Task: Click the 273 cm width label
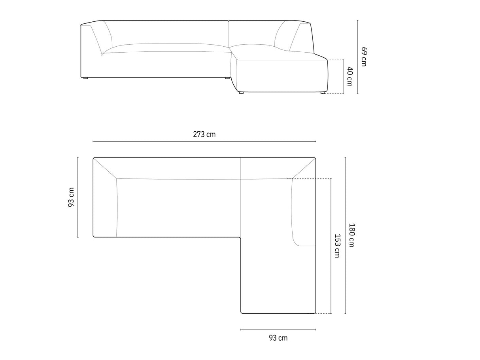pos(204,134)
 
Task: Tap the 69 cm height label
pos(364,57)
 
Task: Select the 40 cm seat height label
pos(350,76)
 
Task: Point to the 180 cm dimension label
pos(351,235)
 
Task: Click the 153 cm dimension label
pos(337,246)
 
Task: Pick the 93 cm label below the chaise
pos(278,338)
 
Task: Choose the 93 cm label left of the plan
pos(71,197)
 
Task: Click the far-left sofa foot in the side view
pos(85,78)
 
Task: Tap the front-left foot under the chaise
pos(241,93)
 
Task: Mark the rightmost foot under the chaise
pos(323,93)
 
